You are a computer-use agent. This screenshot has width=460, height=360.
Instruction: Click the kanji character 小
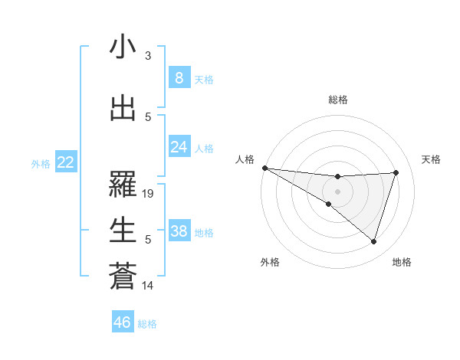pyautogui.click(x=123, y=47)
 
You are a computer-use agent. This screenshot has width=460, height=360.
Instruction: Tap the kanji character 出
pyautogui.click(x=123, y=109)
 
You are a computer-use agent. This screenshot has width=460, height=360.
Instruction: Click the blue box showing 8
pyautogui.click(x=179, y=78)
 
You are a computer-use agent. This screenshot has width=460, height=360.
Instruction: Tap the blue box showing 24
pyautogui.click(x=179, y=147)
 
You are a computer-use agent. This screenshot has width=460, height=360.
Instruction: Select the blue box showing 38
pyautogui.click(x=179, y=232)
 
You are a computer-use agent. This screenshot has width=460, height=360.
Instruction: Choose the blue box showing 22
pyautogui.click(x=65, y=162)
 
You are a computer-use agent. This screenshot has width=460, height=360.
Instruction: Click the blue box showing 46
pyautogui.click(x=123, y=322)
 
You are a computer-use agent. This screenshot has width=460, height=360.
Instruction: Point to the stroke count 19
pyautogui.click(x=149, y=195)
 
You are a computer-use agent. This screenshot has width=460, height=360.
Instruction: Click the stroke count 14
pyautogui.click(x=148, y=286)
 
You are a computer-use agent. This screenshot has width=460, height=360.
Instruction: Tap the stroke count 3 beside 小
pyautogui.click(x=148, y=56)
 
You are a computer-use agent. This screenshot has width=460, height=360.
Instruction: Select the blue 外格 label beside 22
pyautogui.click(x=41, y=163)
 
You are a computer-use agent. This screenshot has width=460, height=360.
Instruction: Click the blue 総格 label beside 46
pyautogui.click(x=147, y=324)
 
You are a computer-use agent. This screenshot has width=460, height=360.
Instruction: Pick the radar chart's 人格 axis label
pyautogui.click(x=245, y=159)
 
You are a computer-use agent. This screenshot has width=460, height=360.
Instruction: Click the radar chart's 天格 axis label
pyautogui.click(x=432, y=159)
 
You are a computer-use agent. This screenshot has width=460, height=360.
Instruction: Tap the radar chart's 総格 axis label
pyautogui.click(x=337, y=100)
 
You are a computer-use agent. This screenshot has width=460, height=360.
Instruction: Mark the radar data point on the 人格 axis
pyautogui.click(x=264, y=168)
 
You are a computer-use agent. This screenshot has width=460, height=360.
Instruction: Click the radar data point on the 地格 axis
pyautogui.click(x=374, y=242)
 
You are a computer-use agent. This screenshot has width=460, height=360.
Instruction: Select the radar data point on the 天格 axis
pyautogui.click(x=396, y=172)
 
